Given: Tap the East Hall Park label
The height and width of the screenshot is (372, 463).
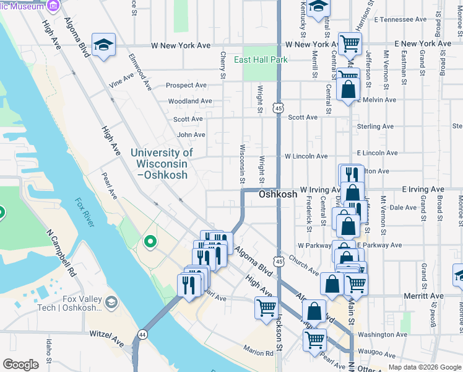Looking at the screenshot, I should [x=261, y=60].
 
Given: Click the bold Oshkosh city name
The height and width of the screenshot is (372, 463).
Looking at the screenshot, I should [x=278, y=194].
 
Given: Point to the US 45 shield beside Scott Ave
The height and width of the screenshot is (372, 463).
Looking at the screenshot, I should [x=279, y=108].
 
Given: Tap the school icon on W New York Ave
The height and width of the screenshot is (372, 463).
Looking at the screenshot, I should [x=103, y=45].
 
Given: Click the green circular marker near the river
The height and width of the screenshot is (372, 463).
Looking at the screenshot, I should [x=149, y=241].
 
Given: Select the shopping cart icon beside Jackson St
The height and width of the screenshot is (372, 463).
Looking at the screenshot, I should [x=266, y=307].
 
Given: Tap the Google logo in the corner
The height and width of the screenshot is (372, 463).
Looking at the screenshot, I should [x=20, y=365].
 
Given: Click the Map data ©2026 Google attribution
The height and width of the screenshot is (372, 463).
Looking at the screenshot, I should [x=424, y=367].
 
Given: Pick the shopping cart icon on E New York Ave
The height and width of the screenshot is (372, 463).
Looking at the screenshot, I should [x=350, y=44].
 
